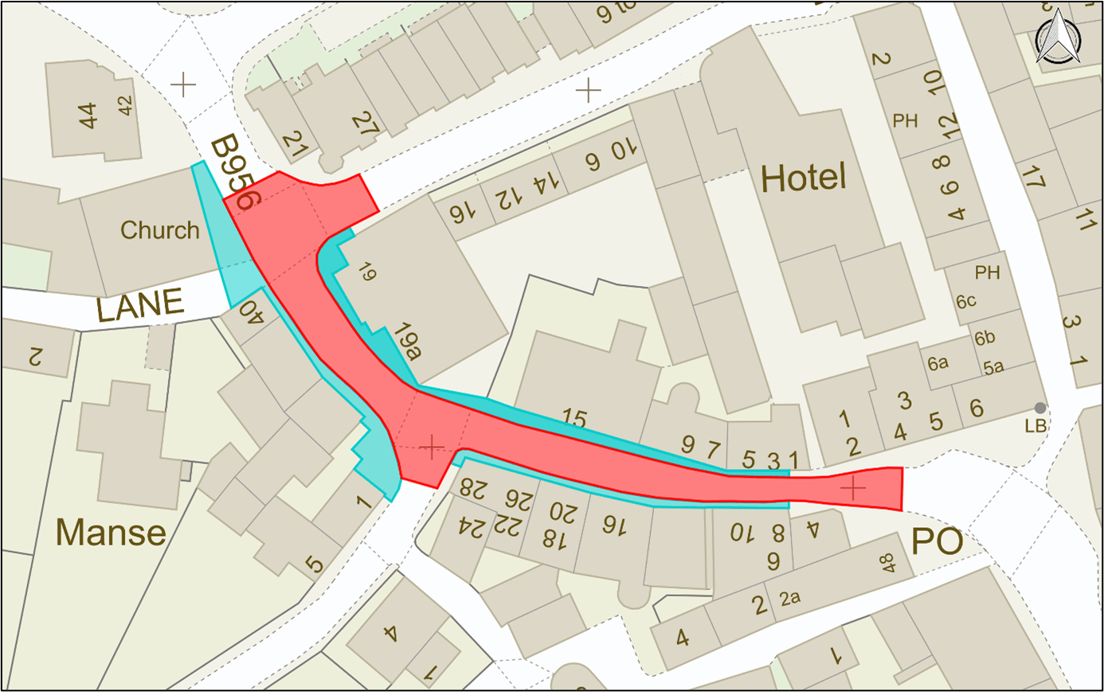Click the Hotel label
(803, 178)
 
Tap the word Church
(159, 230)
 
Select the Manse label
(111, 532)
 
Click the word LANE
(140, 306)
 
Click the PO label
(937, 542)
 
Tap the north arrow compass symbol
(1059, 38)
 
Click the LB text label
(1035, 427)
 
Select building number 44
(88, 115)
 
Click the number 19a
(406, 342)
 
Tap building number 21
(295, 143)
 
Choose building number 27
(365, 123)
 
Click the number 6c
(965, 302)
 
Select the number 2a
(789, 597)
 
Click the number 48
(887, 564)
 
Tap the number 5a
(992, 367)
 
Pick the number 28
(473, 487)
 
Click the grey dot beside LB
(1040, 408)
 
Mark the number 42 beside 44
(125, 105)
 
